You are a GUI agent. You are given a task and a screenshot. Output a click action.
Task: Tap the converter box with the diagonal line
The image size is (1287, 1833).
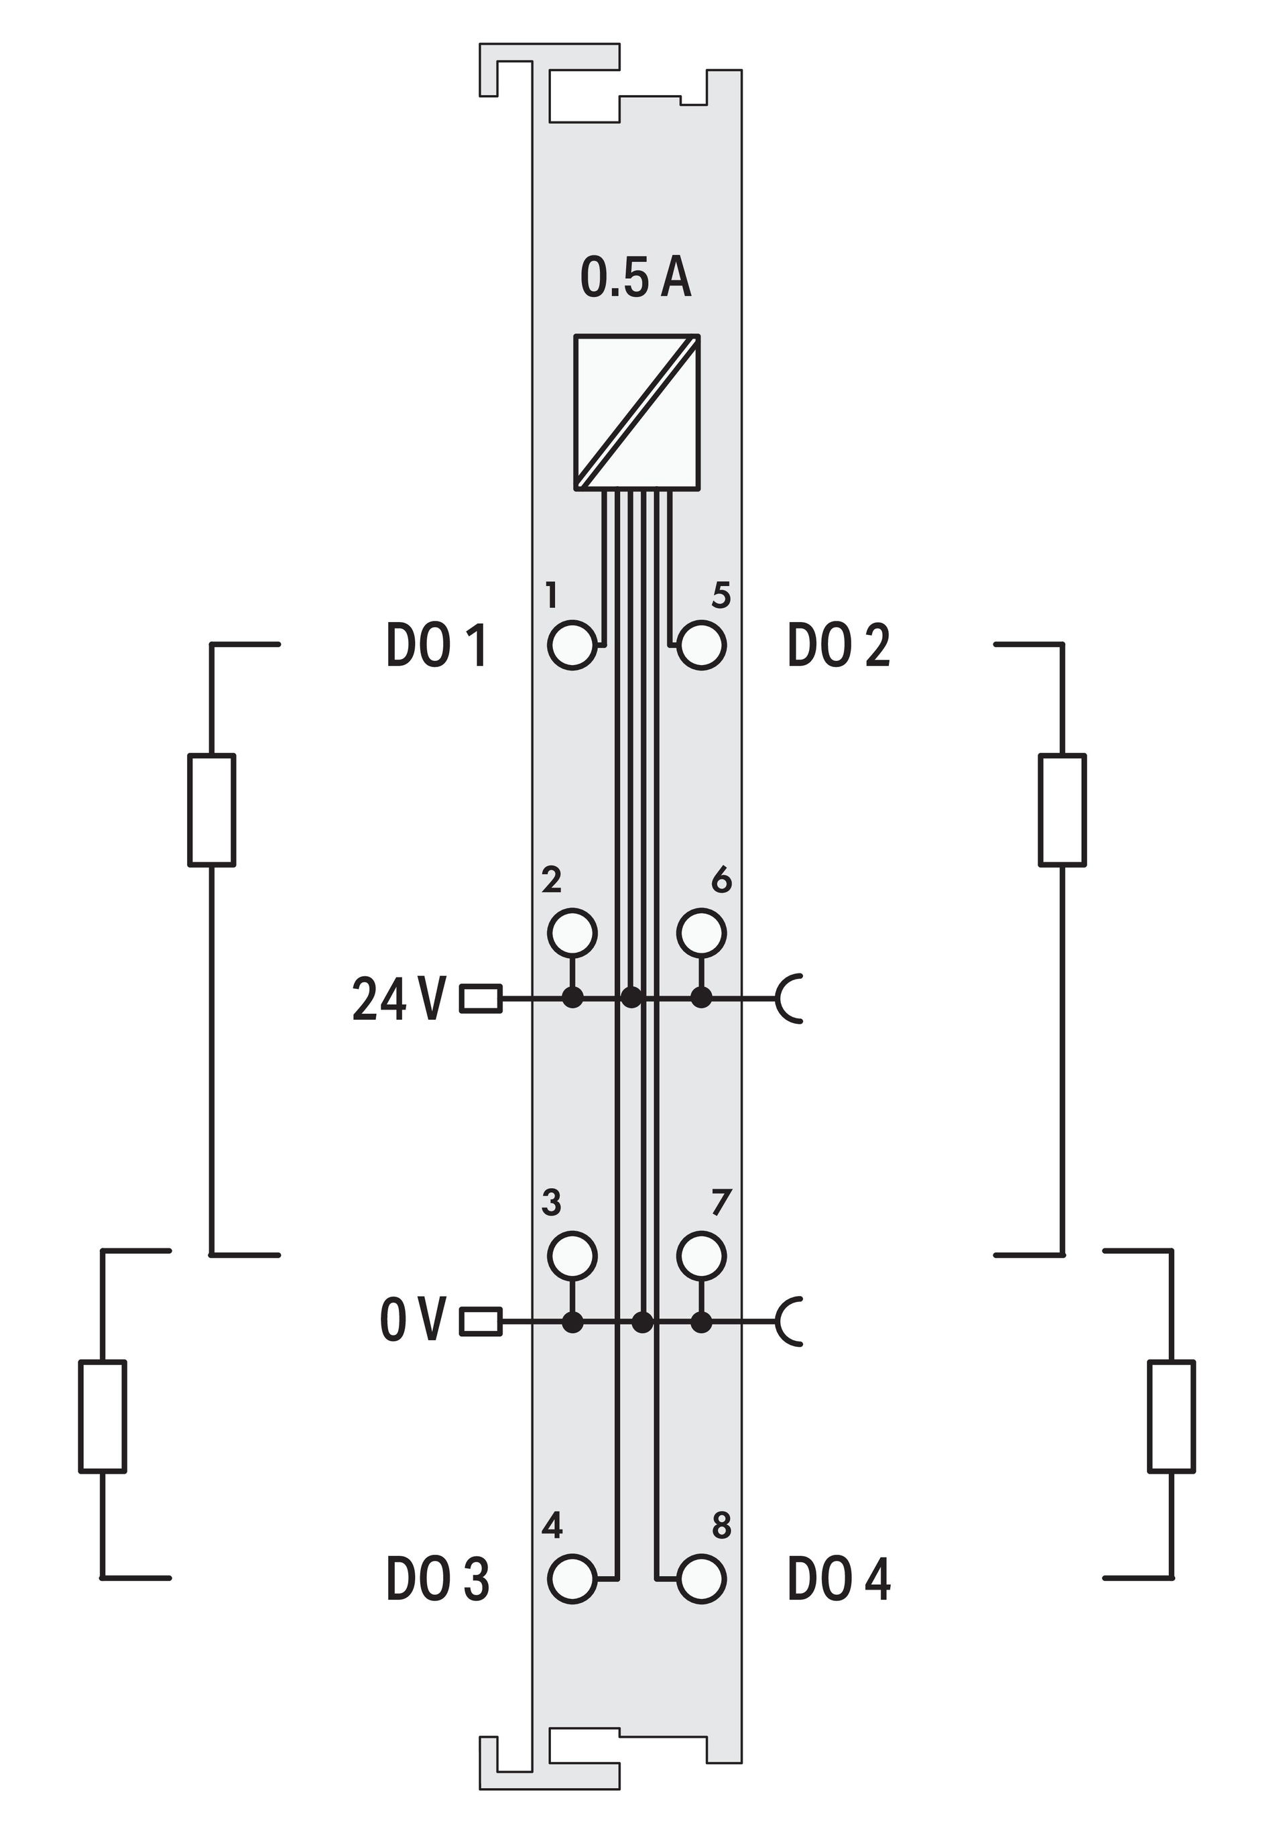pos(637,411)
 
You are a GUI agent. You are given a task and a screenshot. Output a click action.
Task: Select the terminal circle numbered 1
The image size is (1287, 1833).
pos(572,644)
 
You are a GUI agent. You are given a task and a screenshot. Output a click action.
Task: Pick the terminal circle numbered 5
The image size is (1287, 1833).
pos(702,644)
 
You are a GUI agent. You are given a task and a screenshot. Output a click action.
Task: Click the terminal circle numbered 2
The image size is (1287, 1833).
pos(572,932)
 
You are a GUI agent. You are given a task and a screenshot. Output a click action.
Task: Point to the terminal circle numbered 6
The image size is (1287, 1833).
pos(702,932)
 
